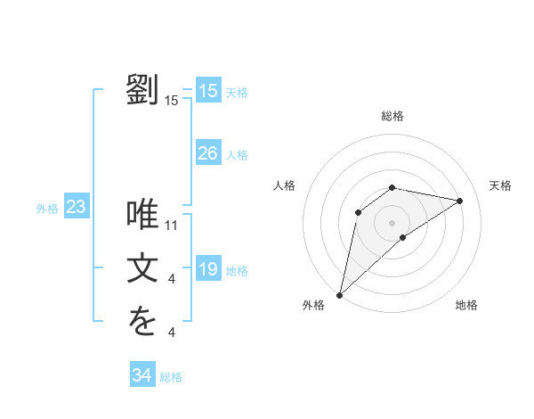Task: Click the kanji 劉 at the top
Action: point(142,90)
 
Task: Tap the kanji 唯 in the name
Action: point(142,214)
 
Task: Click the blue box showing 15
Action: point(207,91)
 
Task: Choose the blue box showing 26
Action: point(207,153)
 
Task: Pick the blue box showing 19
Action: point(207,269)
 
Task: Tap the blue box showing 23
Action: point(76,208)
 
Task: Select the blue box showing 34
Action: point(142,375)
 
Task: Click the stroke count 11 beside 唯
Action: point(172,226)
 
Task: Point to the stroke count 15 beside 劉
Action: point(172,102)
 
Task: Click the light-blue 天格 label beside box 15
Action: point(237,93)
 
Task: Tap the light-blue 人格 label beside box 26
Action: point(237,155)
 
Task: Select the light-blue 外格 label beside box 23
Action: point(47,209)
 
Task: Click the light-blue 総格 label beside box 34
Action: point(171,377)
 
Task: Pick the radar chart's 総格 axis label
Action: point(392,116)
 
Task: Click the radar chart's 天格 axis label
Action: point(500,185)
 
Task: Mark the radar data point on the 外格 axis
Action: point(339,294)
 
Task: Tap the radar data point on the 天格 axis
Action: point(460,201)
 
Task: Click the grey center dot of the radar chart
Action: point(392,222)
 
